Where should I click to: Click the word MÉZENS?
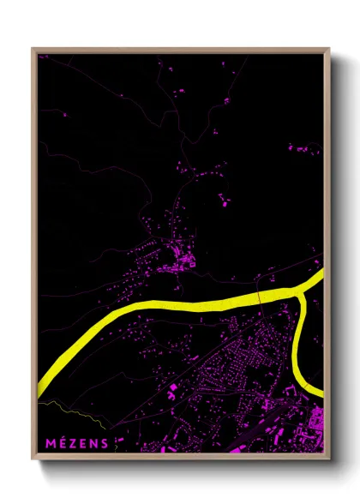[x=78, y=443]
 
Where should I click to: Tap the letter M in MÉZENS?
[x=53, y=443]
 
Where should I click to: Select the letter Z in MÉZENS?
[x=74, y=443]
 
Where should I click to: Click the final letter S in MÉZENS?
[x=105, y=443]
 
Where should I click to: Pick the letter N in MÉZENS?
[x=94, y=443]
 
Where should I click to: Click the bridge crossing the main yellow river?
[x=259, y=297]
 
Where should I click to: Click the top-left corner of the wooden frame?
[x=33, y=49]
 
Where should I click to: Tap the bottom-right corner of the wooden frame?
[x=330, y=458]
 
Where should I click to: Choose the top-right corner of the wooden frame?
[x=330, y=49]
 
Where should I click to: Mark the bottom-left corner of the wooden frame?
[x=33, y=458]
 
